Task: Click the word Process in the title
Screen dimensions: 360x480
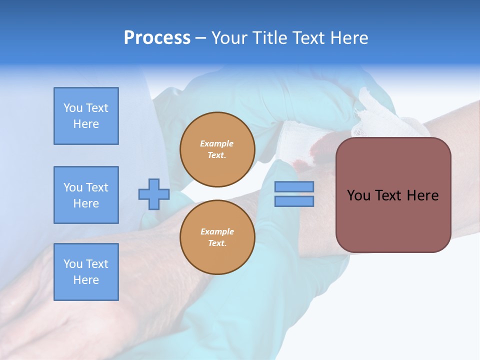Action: pyautogui.click(x=157, y=37)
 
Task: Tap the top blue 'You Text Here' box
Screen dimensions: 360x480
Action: pyautogui.click(x=86, y=116)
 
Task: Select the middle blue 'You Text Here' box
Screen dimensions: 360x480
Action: pyautogui.click(x=86, y=195)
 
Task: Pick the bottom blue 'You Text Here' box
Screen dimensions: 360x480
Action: pyautogui.click(x=86, y=272)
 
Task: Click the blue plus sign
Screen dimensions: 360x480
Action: pyautogui.click(x=154, y=194)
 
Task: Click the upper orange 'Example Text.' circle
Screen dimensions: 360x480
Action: pyautogui.click(x=217, y=149)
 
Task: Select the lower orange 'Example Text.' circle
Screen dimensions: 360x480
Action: pyautogui.click(x=217, y=237)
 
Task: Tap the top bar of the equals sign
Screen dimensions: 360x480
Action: pyautogui.click(x=294, y=186)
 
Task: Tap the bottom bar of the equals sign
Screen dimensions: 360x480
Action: pyautogui.click(x=294, y=201)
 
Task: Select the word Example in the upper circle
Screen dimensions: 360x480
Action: pyautogui.click(x=217, y=143)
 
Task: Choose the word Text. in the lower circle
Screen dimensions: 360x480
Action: pyautogui.click(x=217, y=243)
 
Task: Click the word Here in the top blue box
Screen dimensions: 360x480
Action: pyautogui.click(x=86, y=124)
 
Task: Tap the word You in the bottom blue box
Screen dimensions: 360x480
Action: pyautogui.click(x=72, y=264)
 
